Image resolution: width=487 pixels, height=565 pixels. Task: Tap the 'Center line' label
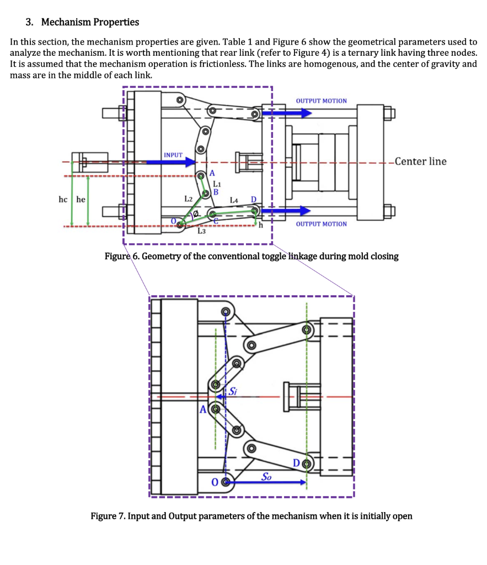418,161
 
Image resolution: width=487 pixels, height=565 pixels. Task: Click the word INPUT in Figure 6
173,155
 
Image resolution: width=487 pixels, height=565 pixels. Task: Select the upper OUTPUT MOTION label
322,101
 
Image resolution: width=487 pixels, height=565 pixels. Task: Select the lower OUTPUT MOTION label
322,224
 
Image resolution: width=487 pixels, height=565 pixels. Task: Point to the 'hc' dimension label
63,199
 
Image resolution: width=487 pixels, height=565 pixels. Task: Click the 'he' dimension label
81,199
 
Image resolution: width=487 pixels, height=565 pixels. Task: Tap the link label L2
188,198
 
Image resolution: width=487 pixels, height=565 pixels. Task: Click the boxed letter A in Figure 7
203,409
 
